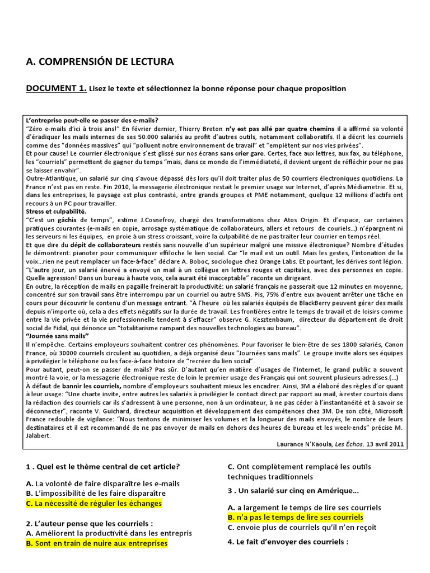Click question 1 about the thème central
pos(102,467)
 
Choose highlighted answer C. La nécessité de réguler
pos(94,504)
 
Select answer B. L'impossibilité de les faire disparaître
pos(96,493)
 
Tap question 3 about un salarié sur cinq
pos(293,491)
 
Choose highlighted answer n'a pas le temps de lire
pos(295,517)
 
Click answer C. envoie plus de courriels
pos(294,527)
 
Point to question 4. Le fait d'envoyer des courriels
pos(288,542)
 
